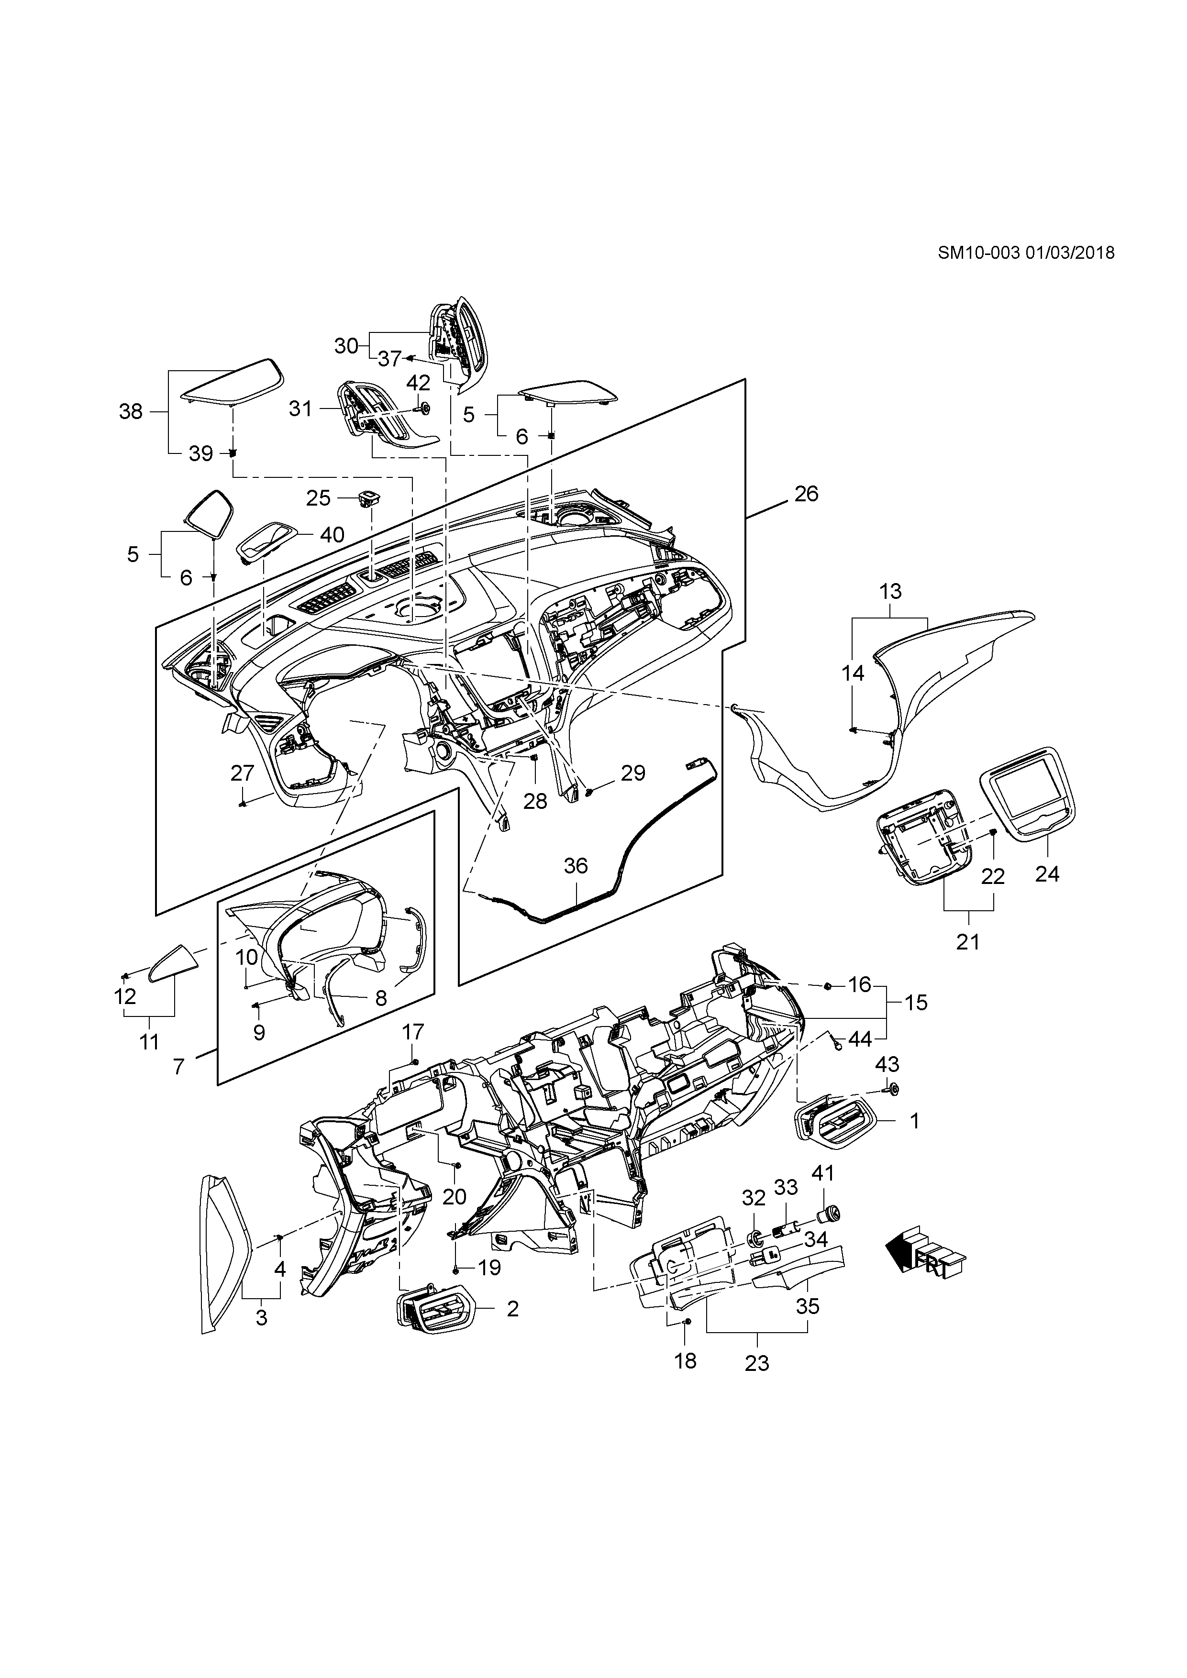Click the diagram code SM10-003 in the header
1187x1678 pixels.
click(977, 253)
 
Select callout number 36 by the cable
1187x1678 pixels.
click(576, 866)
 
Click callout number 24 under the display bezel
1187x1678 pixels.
click(1047, 873)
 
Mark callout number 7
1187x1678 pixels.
click(179, 1068)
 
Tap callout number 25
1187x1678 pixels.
click(319, 498)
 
